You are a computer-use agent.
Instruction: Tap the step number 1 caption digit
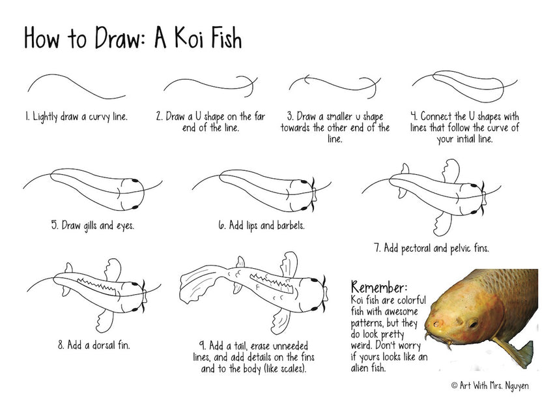click(x=27, y=117)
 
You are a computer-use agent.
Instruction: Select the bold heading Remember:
click(x=379, y=287)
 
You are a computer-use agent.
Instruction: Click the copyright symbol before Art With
click(x=455, y=386)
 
